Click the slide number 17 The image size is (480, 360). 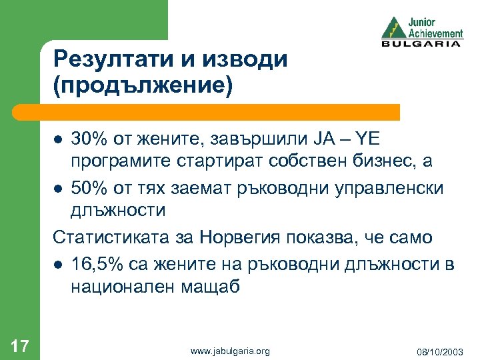tap(20, 345)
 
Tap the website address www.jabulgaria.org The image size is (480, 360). tap(230, 351)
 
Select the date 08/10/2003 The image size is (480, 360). tap(441, 351)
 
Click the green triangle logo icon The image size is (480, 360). tap(393, 27)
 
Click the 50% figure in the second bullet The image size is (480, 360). tap(90, 187)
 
